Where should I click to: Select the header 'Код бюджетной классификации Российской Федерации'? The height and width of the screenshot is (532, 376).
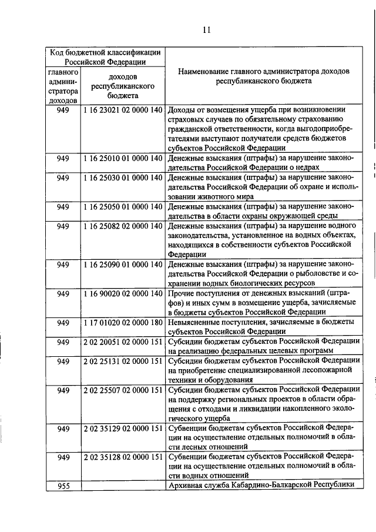pyautogui.click(x=106, y=56)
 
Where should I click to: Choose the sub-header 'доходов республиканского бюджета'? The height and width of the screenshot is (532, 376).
pyautogui.click(x=123, y=86)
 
